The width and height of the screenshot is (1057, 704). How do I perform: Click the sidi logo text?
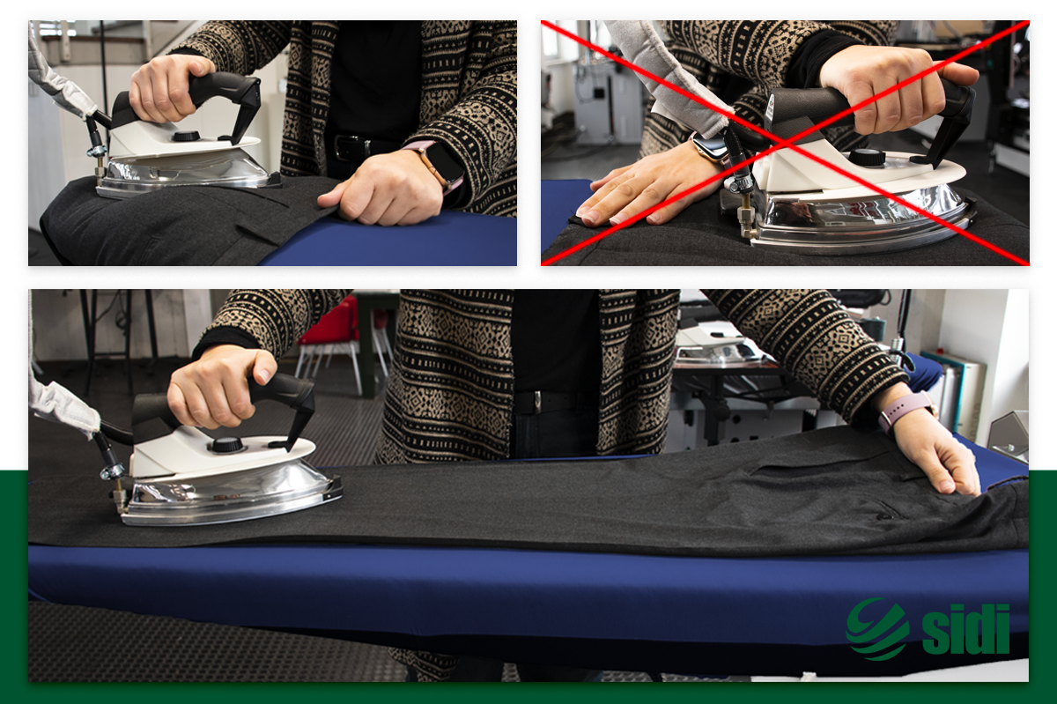tap(965, 628)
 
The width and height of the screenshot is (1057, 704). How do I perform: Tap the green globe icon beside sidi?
tap(877, 628)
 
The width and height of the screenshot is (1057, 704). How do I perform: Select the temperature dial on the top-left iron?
tap(186, 137)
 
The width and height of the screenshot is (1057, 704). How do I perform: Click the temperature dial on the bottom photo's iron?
tap(227, 445)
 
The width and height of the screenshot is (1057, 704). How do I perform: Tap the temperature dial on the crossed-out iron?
tap(867, 157)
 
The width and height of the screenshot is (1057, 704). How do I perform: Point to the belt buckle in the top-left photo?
tap(345, 148)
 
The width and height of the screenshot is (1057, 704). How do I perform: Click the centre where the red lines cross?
tap(785, 143)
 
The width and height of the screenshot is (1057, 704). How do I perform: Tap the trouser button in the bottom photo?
tap(887, 516)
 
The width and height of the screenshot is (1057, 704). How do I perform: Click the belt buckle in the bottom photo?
tap(537, 401)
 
